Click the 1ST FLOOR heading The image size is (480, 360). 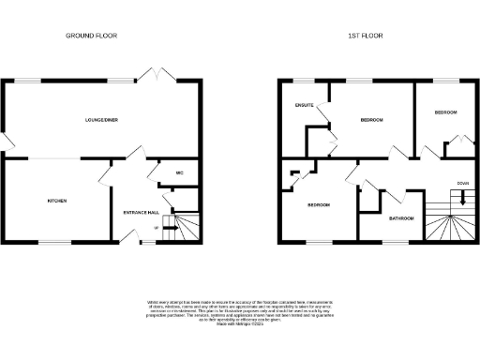(366, 36)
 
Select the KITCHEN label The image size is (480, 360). (58, 201)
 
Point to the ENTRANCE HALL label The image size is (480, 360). (141, 212)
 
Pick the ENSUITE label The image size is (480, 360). (304, 105)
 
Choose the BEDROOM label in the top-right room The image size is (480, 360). (445, 112)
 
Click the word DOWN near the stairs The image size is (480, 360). (462, 183)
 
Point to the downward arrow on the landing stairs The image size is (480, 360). (462, 197)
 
